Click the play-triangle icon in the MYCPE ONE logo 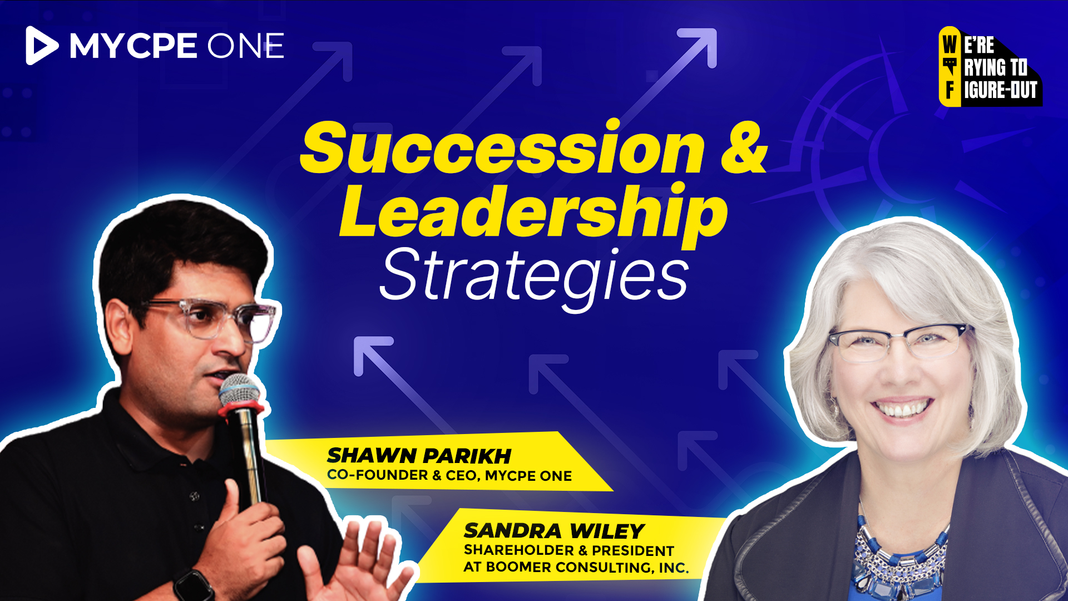pyautogui.click(x=40, y=46)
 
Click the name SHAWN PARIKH pyautogui.click(x=419, y=456)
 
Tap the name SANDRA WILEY pyautogui.click(x=554, y=531)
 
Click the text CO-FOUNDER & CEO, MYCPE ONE pyautogui.click(x=449, y=475)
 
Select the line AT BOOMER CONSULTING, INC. pyautogui.click(x=576, y=567)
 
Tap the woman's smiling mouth pyautogui.click(x=903, y=409)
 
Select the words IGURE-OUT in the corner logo pyautogui.click(x=1001, y=90)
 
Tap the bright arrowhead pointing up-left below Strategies pyautogui.click(x=372, y=354)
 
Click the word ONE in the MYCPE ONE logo pyautogui.click(x=245, y=46)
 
